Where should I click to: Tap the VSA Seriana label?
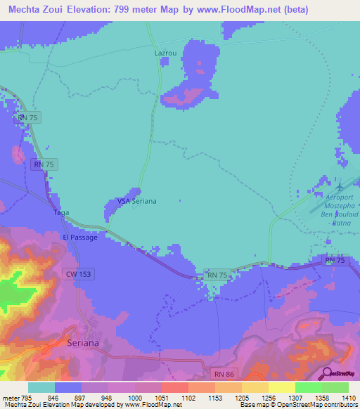coord(136,201)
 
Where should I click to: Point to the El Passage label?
coord(79,238)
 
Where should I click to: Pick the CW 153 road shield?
coord(78,274)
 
